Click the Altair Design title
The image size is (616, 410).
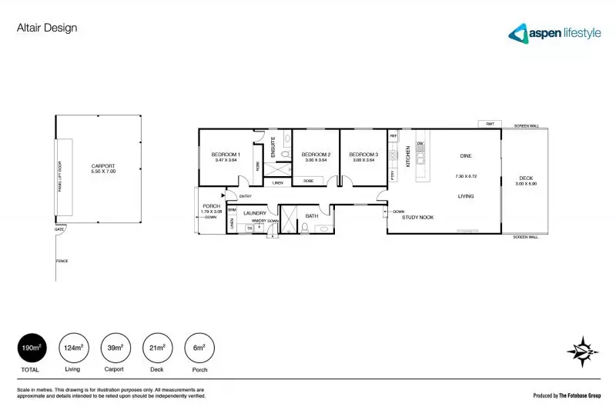coord(47,28)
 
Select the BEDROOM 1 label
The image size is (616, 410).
coord(226,155)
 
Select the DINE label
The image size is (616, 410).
coord(466,156)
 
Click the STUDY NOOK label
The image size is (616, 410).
coord(418,218)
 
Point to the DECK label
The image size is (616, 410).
coord(526,179)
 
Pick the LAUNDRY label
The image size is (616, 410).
coord(255,213)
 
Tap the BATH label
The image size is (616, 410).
coord(312,216)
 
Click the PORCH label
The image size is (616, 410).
coord(211,206)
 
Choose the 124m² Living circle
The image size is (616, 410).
coord(74,348)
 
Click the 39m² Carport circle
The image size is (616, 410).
coord(115,348)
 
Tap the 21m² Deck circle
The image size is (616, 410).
coord(157,348)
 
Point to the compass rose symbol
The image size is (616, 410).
coord(583,351)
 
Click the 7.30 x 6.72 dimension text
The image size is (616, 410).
coord(466,176)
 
